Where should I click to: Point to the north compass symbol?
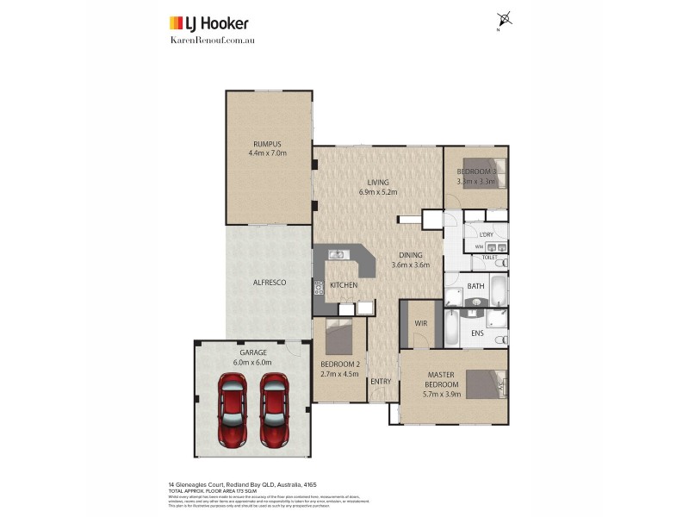pyautogui.click(x=504, y=19)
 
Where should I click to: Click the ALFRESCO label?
pyautogui.click(x=269, y=283)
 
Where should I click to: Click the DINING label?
pyautogui.click(x=410, y=255)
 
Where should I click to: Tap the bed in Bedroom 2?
pyautogui.click(x=338, y=337)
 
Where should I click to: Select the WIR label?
pyautogui.click(x=421, y=323)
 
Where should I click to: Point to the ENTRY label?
pyautogui.click(x=380, y=381)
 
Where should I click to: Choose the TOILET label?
pyautogui.click(x=488, y=257)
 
